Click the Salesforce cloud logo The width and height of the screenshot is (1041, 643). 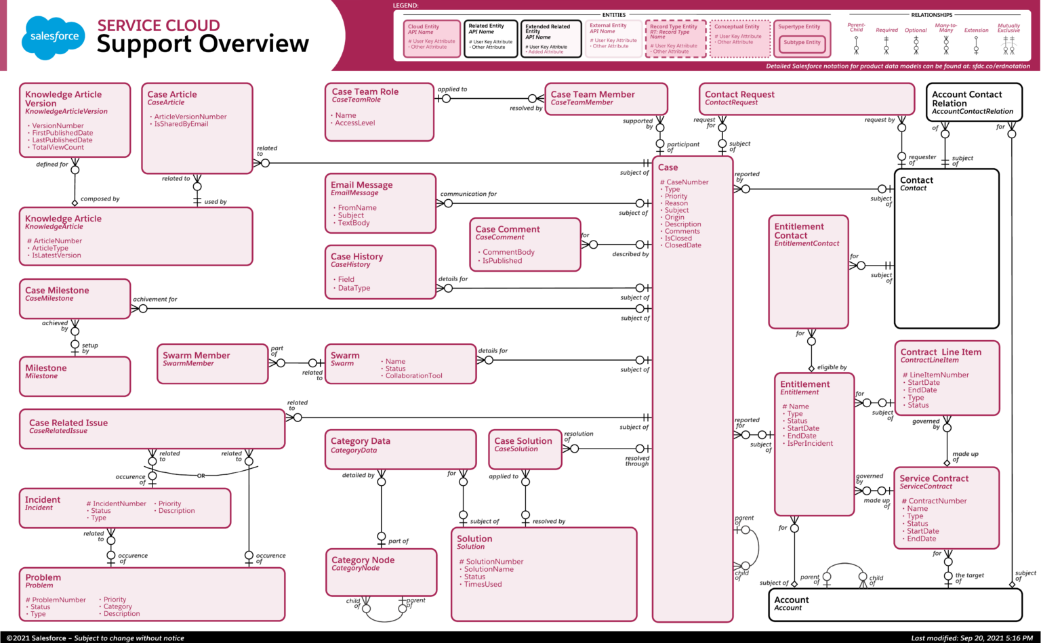(54, 37)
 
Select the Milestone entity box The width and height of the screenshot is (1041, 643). (75, 376)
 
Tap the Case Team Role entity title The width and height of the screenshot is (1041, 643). (365, 91)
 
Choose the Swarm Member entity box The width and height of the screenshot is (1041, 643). (212, 364)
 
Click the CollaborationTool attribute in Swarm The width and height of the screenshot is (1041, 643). (413, 376)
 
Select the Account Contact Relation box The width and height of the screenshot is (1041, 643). (973, 102)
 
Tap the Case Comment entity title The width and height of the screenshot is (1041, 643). (508, 230)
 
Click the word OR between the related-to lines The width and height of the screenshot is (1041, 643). (201, 476)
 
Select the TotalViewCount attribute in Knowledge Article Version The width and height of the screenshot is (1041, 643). (58, 148)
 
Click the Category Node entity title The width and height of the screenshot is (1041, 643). (363, 560)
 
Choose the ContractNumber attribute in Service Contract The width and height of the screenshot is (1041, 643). (937, 501)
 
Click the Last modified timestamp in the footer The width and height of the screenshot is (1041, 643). (972, 638)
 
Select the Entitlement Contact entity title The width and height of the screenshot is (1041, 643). (799, 231)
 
